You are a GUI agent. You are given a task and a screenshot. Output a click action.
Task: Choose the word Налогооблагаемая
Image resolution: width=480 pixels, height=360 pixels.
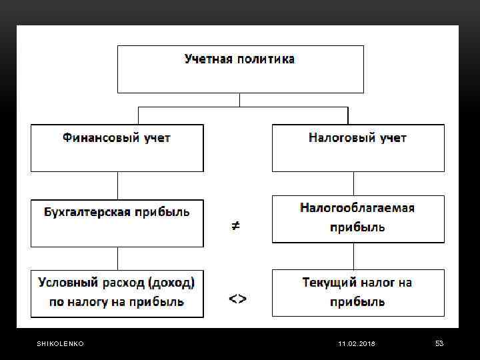357,208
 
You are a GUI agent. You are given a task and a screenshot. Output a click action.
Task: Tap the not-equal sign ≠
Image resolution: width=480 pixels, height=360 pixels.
236,227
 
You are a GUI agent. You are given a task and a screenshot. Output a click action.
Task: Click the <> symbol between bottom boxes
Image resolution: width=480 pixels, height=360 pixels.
237,299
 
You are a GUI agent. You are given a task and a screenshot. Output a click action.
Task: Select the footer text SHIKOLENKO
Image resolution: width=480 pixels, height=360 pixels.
60,343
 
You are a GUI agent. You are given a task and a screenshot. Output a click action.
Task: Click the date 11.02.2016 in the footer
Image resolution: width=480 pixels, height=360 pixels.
357,343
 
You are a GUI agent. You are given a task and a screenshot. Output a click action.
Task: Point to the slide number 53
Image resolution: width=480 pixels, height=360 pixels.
439,343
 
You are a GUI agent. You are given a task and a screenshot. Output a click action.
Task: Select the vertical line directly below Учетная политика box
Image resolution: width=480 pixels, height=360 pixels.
240,99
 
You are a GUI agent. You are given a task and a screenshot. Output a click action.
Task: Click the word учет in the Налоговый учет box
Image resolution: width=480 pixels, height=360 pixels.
393,138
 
